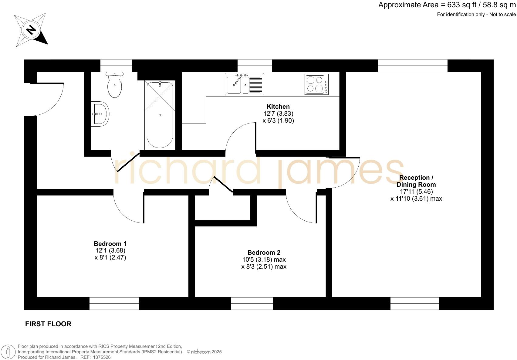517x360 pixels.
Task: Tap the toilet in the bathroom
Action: point(114,86)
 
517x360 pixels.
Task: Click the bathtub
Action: point(160,115)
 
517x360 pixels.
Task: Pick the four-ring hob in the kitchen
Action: point(316,84)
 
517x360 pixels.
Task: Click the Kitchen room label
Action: point(278,107)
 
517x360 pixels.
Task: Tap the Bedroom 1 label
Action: point(110,243)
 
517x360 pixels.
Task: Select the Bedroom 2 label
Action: point(264,253)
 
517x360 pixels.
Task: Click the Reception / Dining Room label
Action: point(416,181)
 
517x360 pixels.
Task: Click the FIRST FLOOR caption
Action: point(48,324)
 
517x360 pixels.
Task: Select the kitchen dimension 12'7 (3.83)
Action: point(278,114)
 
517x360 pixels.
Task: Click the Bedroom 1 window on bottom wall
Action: point(114,303)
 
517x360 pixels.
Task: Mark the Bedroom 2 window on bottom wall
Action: point(252,303)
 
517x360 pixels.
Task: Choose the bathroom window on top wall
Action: point(116,66)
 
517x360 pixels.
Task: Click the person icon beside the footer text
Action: point(9,352)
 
